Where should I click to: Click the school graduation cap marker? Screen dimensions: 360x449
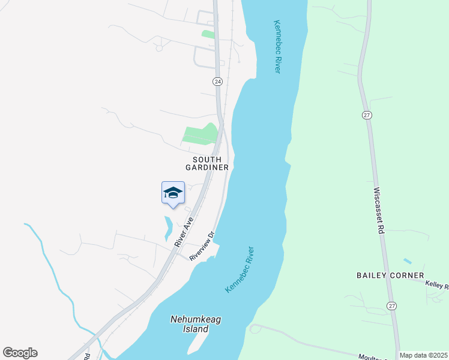coord(172,193)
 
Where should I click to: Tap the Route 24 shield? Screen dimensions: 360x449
coord(217,81)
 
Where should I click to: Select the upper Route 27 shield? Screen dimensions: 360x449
coord(367,114)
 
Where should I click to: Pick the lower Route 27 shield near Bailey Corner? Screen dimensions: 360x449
coord(391,305)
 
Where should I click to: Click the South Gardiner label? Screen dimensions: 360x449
coord(211,163)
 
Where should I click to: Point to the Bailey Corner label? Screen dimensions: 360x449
coord(390,275)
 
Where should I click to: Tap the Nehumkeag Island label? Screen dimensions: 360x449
coord(196,324)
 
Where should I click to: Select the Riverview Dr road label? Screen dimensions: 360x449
coord(202,246)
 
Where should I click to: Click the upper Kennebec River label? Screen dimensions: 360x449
coord(277,47)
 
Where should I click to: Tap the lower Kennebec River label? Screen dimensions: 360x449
coord(240,270)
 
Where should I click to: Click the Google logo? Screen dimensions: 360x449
coord(20,353)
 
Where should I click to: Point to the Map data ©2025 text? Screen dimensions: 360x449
coord(423,355)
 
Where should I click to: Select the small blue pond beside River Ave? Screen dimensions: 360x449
coord(168,227)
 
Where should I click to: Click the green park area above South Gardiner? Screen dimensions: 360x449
coord(200,135)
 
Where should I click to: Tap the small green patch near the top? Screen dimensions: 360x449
coord(208,34)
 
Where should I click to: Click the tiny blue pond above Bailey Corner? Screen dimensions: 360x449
coord(408,262)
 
